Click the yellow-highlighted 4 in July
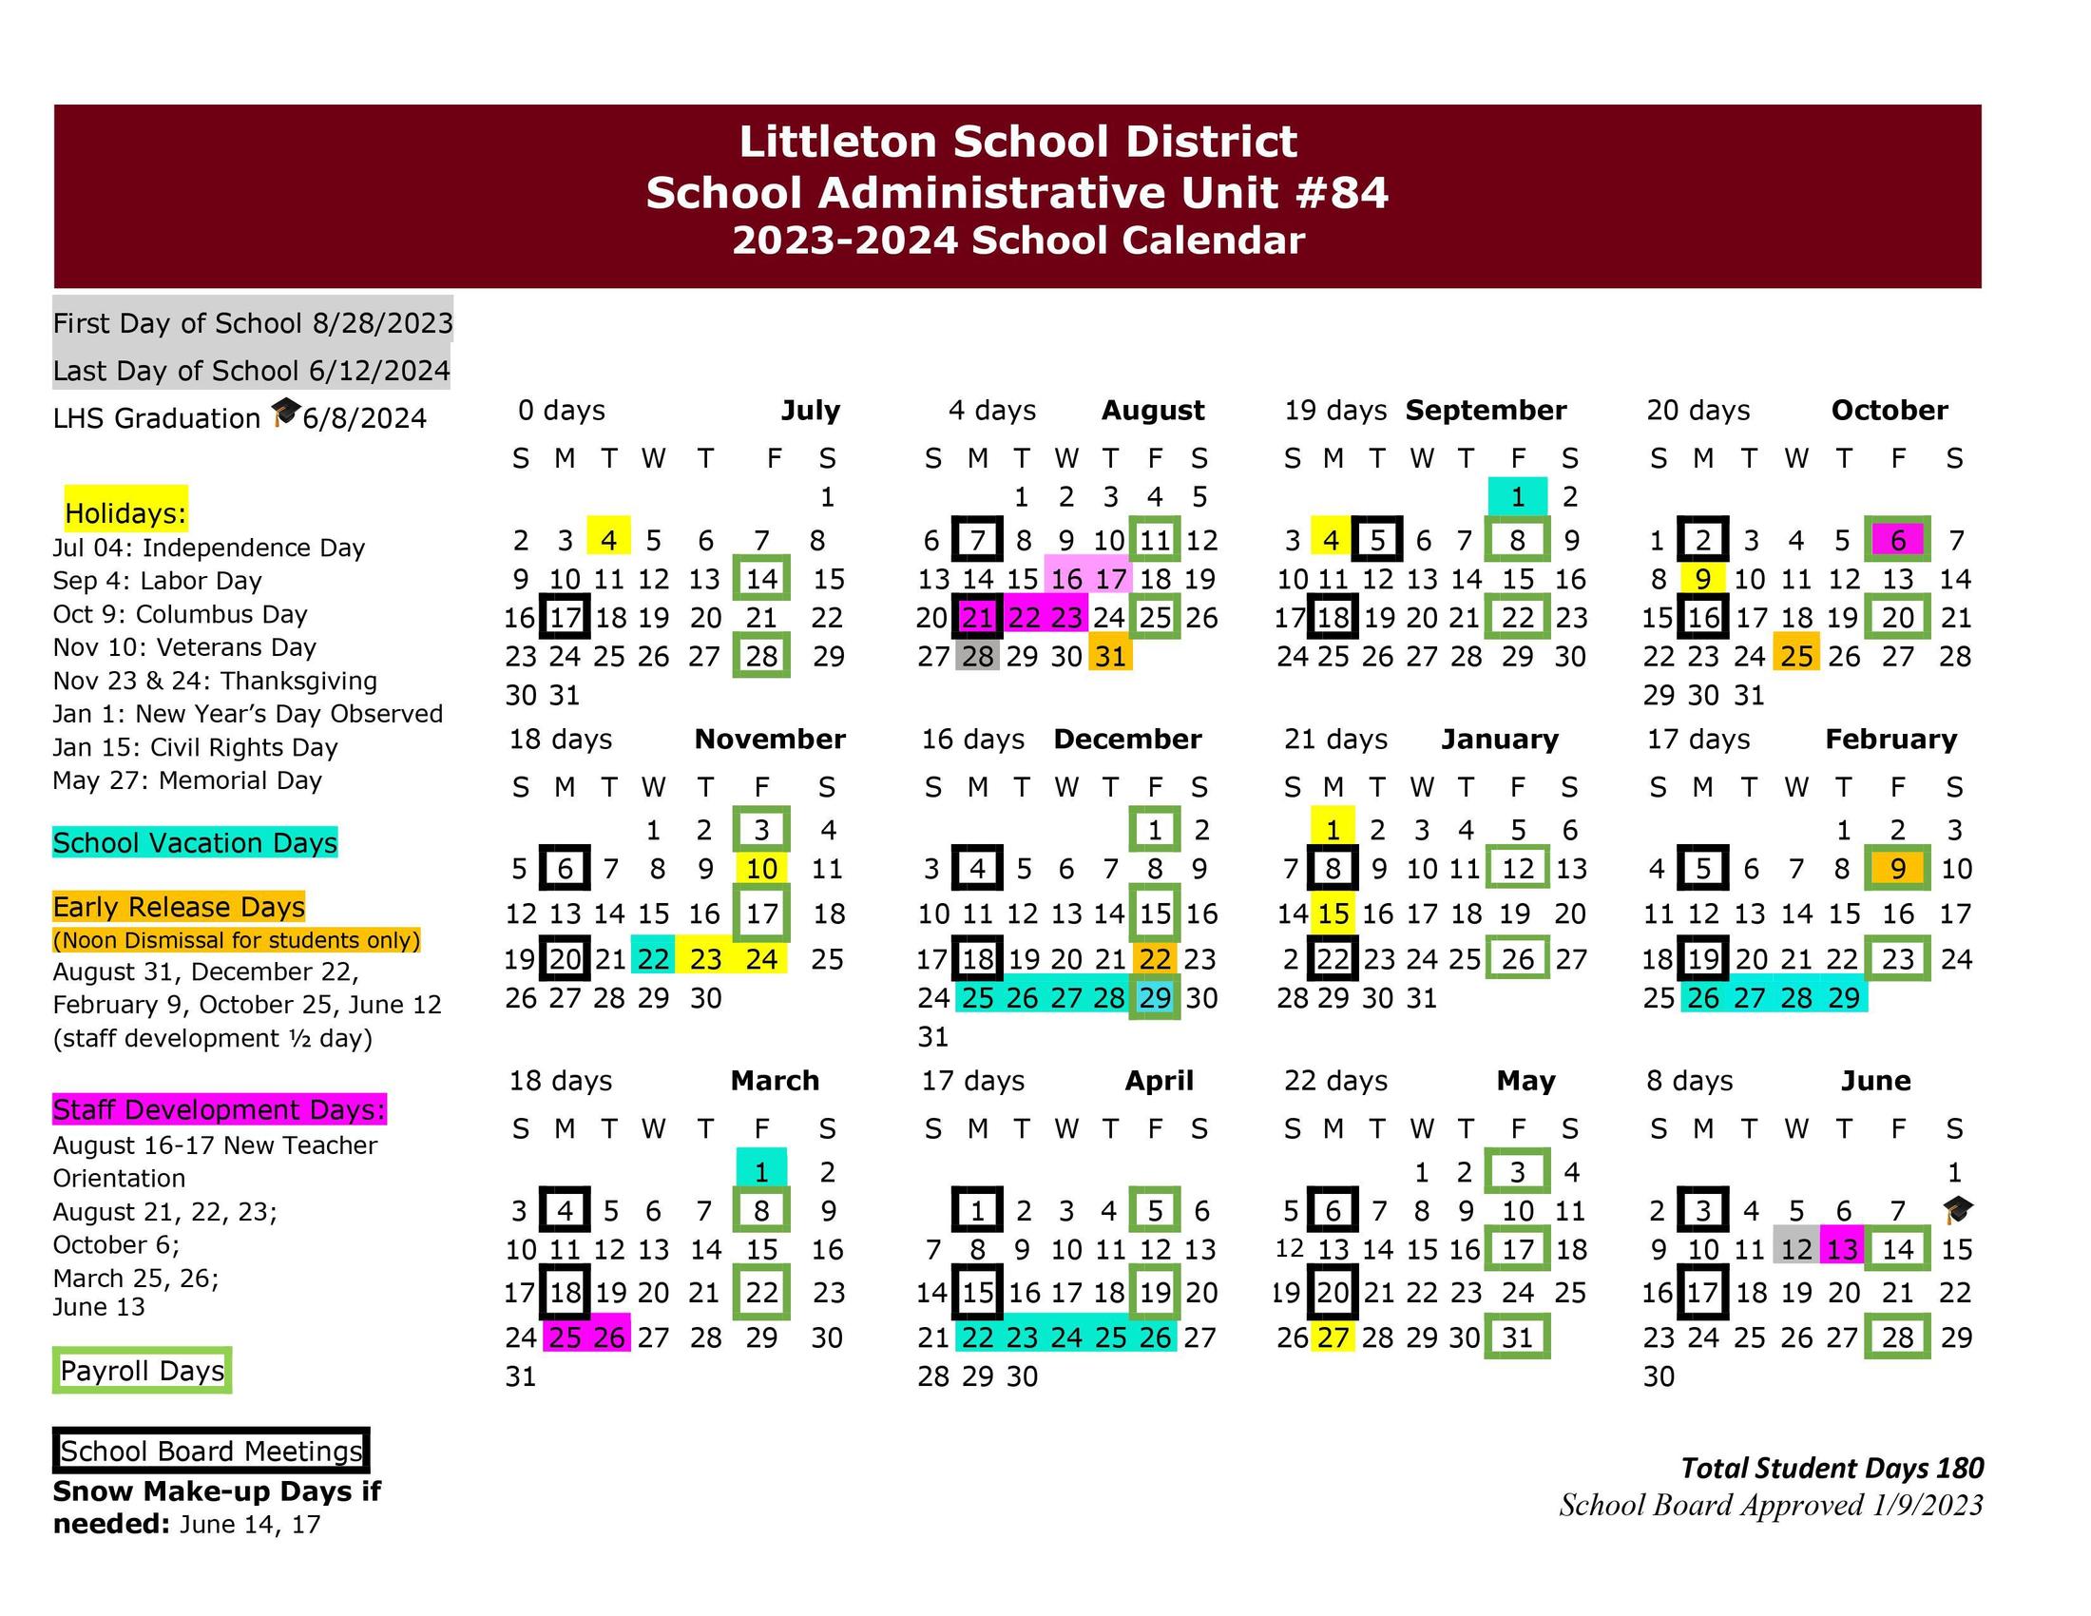pyautogui.click(x=609, y=540)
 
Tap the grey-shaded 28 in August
pyautogui.click(x=977, y=657)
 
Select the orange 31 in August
pyautogui.click(x=1110, y=657)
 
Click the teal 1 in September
pyautogui.click(x=1518, y=497)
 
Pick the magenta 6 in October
pyautogui.click(x=1898, y=540)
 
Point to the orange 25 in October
pyautogui.click(x=1796, y=657)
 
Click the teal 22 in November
pyautogui.click(x=653, y=958)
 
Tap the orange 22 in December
pyautogui.click(x=1155, y=958)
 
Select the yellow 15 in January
pyautogui.click(x=1333, y=914)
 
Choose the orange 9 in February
pyautogui.click(x=1898, y=868)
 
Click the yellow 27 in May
pyautogui.click(x=1333, y=1337)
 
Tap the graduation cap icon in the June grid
pyautogui.click(x=1957, y=1210)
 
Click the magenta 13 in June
pyautogui.click(x=1842, y=1249)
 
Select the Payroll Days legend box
pyautogui.click(x=142, y=1371)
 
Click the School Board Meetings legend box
pyautogui.click(x=211, y=1452)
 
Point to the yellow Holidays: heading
pyautogui.click(x=125, y=513)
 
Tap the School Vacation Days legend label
pyautogui.click(x=195, y=842)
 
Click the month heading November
pyautogui.click(x=770, y=739)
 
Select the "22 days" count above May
pyautogui.click(x=1336, y=1081)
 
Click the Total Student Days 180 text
pyautogui.click(x=1832, y=1469)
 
